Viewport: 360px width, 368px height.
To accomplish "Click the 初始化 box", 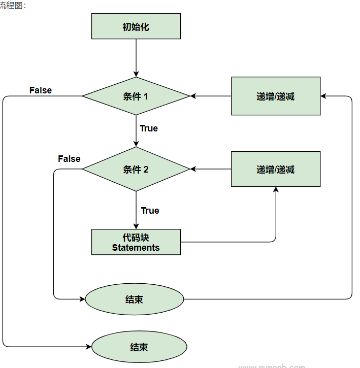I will (x=136, y=26).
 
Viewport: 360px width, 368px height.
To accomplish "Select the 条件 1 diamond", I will (x=136, y=96).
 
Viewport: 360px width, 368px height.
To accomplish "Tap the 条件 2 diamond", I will (x=136, y=170).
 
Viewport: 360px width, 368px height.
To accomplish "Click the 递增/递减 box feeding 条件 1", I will (x=275, y=96).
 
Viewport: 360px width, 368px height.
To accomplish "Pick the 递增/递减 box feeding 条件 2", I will (x=275, y=170).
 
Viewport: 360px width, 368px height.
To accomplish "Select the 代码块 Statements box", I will (x=136, y=242).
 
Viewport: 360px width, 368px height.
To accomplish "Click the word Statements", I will (x=136, y=248).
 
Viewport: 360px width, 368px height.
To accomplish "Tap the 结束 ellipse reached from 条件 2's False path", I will (x=134, y=299).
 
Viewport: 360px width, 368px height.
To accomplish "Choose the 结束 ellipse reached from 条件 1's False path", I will (x=139, y=347).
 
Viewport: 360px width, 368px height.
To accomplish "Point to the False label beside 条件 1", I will (x=41, y=90).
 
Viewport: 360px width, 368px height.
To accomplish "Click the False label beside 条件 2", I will (x=69, y=159).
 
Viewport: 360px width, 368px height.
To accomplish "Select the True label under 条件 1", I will (x=149, y=128).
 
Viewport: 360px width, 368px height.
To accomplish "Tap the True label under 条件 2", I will (x=150, y=211).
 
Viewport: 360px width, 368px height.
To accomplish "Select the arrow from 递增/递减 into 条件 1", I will (x=210, y=96).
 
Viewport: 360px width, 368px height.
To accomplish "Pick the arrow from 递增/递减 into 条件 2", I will (x=210, y=169).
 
